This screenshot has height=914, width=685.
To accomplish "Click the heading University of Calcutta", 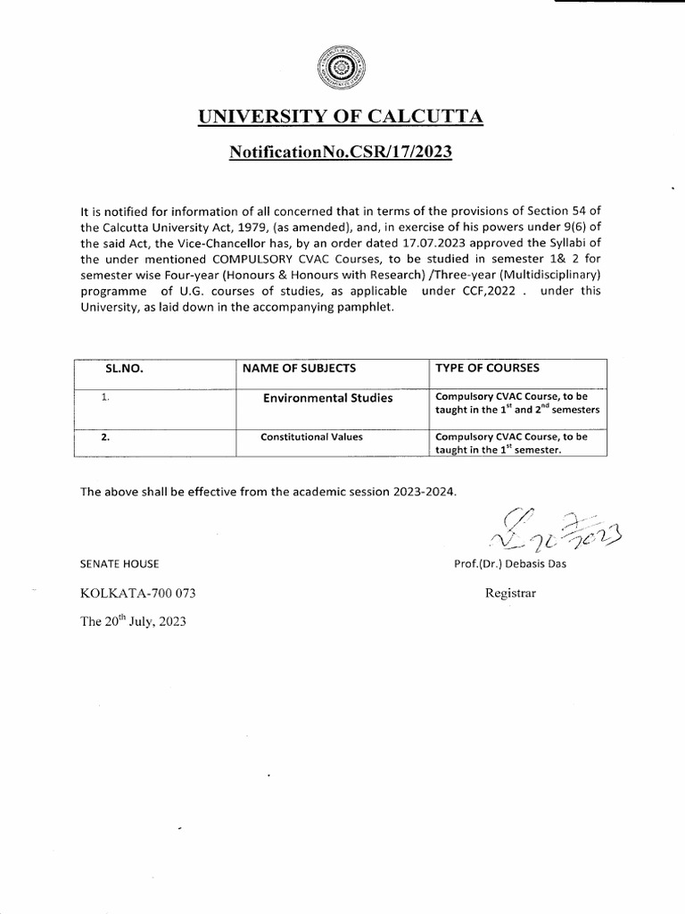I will pyautogui.click(x=340, y=118).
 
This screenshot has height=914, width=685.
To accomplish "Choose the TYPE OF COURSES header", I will pyautogui.click(x=487, y=368).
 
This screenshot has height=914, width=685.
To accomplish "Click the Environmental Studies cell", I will pyautogui.click(x=327, y=398).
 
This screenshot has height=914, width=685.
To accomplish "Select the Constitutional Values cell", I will pyautogui.click(x=309, y=437).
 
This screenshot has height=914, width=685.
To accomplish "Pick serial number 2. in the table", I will pyautogui.click(x=105, y=437).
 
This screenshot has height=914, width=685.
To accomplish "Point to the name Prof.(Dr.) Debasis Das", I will pyautogui.click(x=509, y=563).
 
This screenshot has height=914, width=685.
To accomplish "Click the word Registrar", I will pyautogui.click(x=510, y=593).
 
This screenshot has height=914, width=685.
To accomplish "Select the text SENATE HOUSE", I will pyautogui.click(x=120, y=563).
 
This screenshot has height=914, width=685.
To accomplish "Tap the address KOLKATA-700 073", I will pyautogui.click(x=137, y=594).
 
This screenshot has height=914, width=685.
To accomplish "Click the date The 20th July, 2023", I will pyautogui.click(x=134, y=623).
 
